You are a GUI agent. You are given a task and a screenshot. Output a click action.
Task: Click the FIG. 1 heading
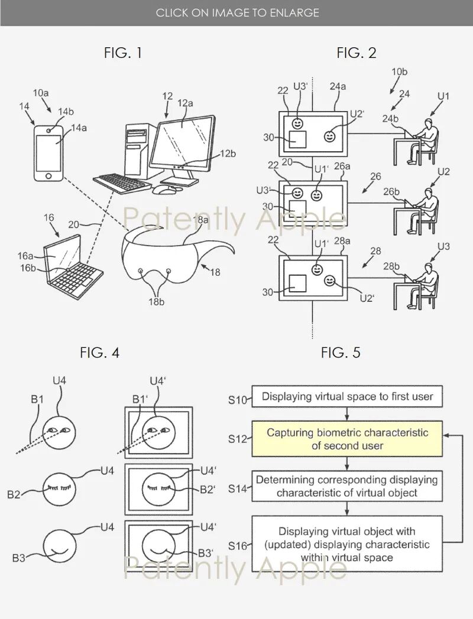click(123, 53)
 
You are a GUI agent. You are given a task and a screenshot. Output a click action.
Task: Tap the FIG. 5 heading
click(341, 353)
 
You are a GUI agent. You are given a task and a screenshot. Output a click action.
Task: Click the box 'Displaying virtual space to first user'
click(347, 396)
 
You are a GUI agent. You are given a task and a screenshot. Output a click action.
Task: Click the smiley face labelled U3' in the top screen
click(299, 123)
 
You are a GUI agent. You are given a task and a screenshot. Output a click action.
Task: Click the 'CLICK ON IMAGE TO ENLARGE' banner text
click(237, 12)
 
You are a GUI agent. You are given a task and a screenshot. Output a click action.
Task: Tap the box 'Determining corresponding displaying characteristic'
click(347, 486)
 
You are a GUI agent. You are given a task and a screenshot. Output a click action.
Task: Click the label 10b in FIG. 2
click(400, 72)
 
